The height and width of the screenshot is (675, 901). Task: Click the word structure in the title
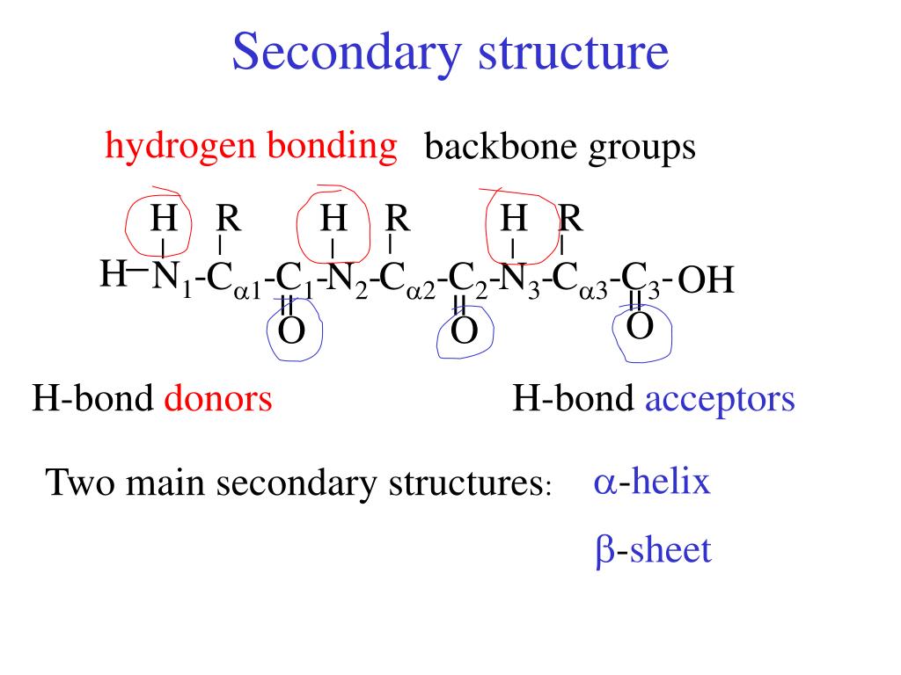pyautogui.click(x=573, y=52)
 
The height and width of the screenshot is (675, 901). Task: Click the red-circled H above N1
pyautogui.click(x=163, y=217)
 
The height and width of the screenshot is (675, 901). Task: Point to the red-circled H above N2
pyautogui.click(x=333, y=217)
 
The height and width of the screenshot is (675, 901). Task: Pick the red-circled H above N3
pyautogui.click(x=514, y=217)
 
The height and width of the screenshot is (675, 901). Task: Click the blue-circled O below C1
pyautogui.click(x=291, y=331)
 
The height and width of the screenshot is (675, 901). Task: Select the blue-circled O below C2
pyautogui.click(x=464, y=331)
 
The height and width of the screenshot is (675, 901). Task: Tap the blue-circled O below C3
pyautogui.click(x=641, y=326)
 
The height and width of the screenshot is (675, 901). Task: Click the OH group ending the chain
pyautogui.click(x=706, y=282)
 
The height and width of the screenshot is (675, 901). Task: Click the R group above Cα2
pyautogui.click(x=398, y=217)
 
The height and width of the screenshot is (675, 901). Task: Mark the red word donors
pyautogui.click(x=218, y=400)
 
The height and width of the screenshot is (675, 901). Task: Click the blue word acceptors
pyautogui.click(x=720, y=400)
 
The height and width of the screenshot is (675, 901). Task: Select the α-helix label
pyautogui.click(x=652, y=483)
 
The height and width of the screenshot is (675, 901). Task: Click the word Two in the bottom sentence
pyautogui.click(x=75, y=483)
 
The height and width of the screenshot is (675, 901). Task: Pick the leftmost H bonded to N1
pyautogui.click(x=113, y=273)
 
